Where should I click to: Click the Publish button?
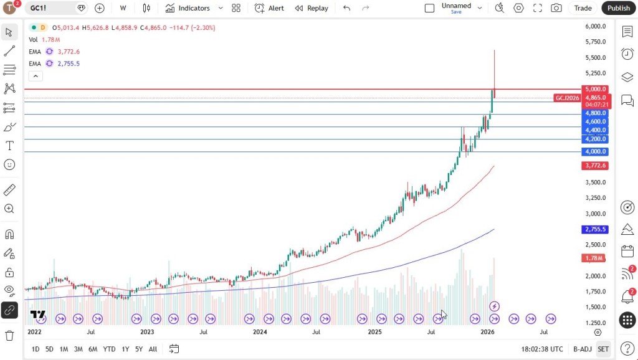(619, 8)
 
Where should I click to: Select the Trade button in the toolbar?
(583, 8)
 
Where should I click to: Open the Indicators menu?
(188, 8)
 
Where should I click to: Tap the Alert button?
(269, 8)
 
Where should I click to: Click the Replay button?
(312, 8)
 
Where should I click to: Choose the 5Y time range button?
(139, 349)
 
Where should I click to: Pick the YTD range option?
(109, 349)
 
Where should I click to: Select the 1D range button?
(36, 349)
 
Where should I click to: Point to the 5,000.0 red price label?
(595, 89)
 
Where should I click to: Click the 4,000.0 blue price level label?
(595, 151)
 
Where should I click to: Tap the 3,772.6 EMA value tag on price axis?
(595, 166)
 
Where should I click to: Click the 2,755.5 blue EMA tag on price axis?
(595, 229)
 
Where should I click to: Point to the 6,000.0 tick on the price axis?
(595, 26)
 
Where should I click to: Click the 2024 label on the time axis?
(260, 332)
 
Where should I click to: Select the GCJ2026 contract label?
(568, 98)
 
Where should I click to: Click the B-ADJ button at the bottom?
(582, 349)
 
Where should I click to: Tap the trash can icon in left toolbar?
(9, 336)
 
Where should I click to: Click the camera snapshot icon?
(556, 8)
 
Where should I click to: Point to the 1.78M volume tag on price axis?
(595, 258)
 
